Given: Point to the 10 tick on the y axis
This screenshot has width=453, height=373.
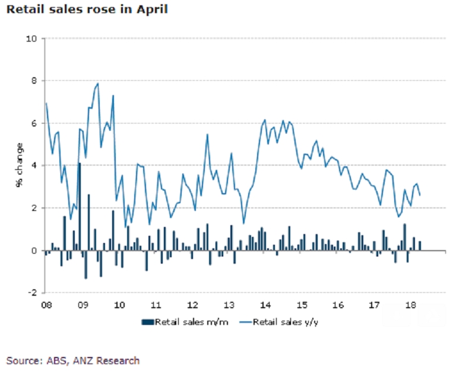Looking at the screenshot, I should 32,39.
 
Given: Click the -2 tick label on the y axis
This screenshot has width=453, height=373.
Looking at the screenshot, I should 32,293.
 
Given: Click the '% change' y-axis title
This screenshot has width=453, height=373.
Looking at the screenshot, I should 19,166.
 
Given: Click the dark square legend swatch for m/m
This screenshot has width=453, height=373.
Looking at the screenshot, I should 145,322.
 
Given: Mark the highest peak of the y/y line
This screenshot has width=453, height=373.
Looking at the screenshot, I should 97,84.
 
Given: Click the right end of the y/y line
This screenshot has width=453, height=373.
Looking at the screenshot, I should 420,195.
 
